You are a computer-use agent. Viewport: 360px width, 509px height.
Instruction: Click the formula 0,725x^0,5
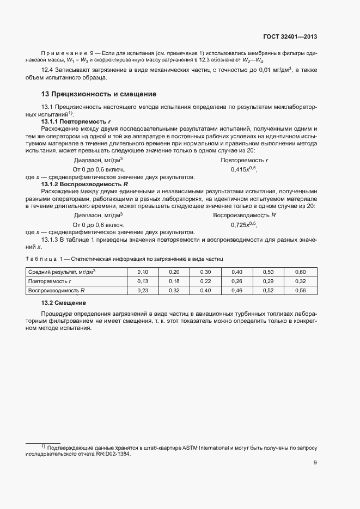tap(243, 225)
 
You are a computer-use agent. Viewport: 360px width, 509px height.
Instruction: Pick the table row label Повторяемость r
tap(50, 281)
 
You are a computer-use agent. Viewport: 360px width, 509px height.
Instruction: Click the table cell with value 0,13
tap(143, 281)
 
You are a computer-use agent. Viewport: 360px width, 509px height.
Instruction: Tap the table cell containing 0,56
tap(300, 291)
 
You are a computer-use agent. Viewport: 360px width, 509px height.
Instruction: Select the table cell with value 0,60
tap(300, 272)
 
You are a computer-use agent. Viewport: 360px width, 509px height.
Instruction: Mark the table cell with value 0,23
tap(143, 291)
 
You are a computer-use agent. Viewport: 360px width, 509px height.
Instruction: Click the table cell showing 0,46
tap(237, 291)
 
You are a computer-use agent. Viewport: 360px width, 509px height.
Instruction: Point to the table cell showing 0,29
tap(268, 281)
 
